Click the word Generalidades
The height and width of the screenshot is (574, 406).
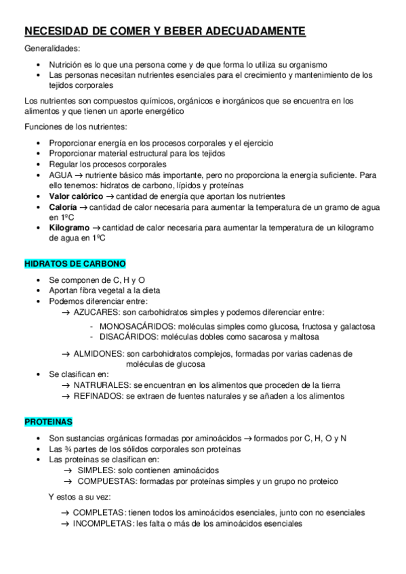(x=52, y=49)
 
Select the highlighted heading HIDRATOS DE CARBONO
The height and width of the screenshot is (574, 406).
(x=75, y=263)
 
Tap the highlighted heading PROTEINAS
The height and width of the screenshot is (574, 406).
(x=48, y=422)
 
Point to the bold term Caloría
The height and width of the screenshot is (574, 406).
(x=63, y=207)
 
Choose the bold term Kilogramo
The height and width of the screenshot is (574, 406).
(x=69, y=228)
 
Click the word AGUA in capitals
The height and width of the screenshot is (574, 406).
(x=61, y=175)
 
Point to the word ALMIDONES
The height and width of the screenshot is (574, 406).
(x=98, y=353)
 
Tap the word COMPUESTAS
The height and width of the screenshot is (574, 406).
(x=106, y=481)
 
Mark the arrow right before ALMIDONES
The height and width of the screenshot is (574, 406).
(x=66, y=353)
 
